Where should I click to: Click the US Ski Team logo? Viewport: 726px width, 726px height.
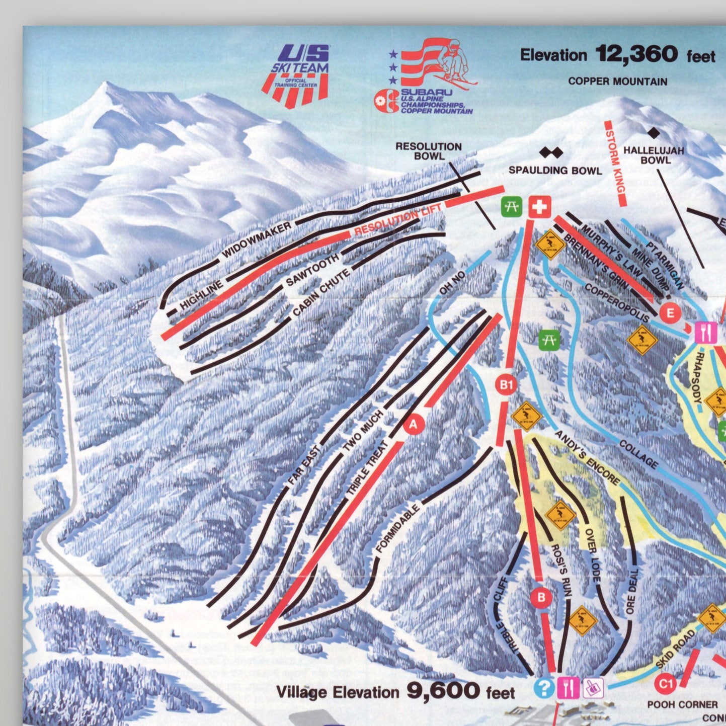pyautogui.click(x=300, y=75)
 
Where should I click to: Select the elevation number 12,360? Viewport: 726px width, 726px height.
pyautogui.click(x=636, y=54)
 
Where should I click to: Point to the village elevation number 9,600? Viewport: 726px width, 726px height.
pyautogui.click(x=443, y=691)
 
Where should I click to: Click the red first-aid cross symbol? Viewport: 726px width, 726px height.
pyautogui.click(x=539, y=207)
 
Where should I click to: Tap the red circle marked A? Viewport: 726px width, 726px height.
pyautogui.click(x=414, y=425)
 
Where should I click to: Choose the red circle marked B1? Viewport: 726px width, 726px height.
pyautogui.click(x=506, y=385)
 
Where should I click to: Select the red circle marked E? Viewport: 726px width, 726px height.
pyautogui.click(x=670, y=313)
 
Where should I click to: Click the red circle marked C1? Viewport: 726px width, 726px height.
pyautogui.click(x=666, y=684)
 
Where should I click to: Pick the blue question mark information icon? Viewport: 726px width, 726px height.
pyautogui.click(x=544, y=688)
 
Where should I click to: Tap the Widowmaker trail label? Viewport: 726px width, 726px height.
pyautogui.click(x=257, y=239)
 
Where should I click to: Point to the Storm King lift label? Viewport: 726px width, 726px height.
pyautogui.click(x=615, y=164)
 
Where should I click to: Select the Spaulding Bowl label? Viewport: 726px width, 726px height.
pyautogui.click(x=555, y=171)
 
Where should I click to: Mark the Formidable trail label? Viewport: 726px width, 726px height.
pyautogui.click(x=397, y=529)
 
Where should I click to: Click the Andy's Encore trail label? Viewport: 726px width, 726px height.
pyautogui.click(x=588, y=458)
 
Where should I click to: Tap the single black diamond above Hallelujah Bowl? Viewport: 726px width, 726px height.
pyautogui.click(x=654, y=133)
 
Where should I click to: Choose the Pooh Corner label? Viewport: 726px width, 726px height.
pyautogui.click(x=682, y=704)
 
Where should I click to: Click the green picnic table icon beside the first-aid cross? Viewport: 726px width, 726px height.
pyautogui.click(x=511, y=207)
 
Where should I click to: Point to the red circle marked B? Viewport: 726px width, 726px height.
pyautogui.click(x=541, y=598)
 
